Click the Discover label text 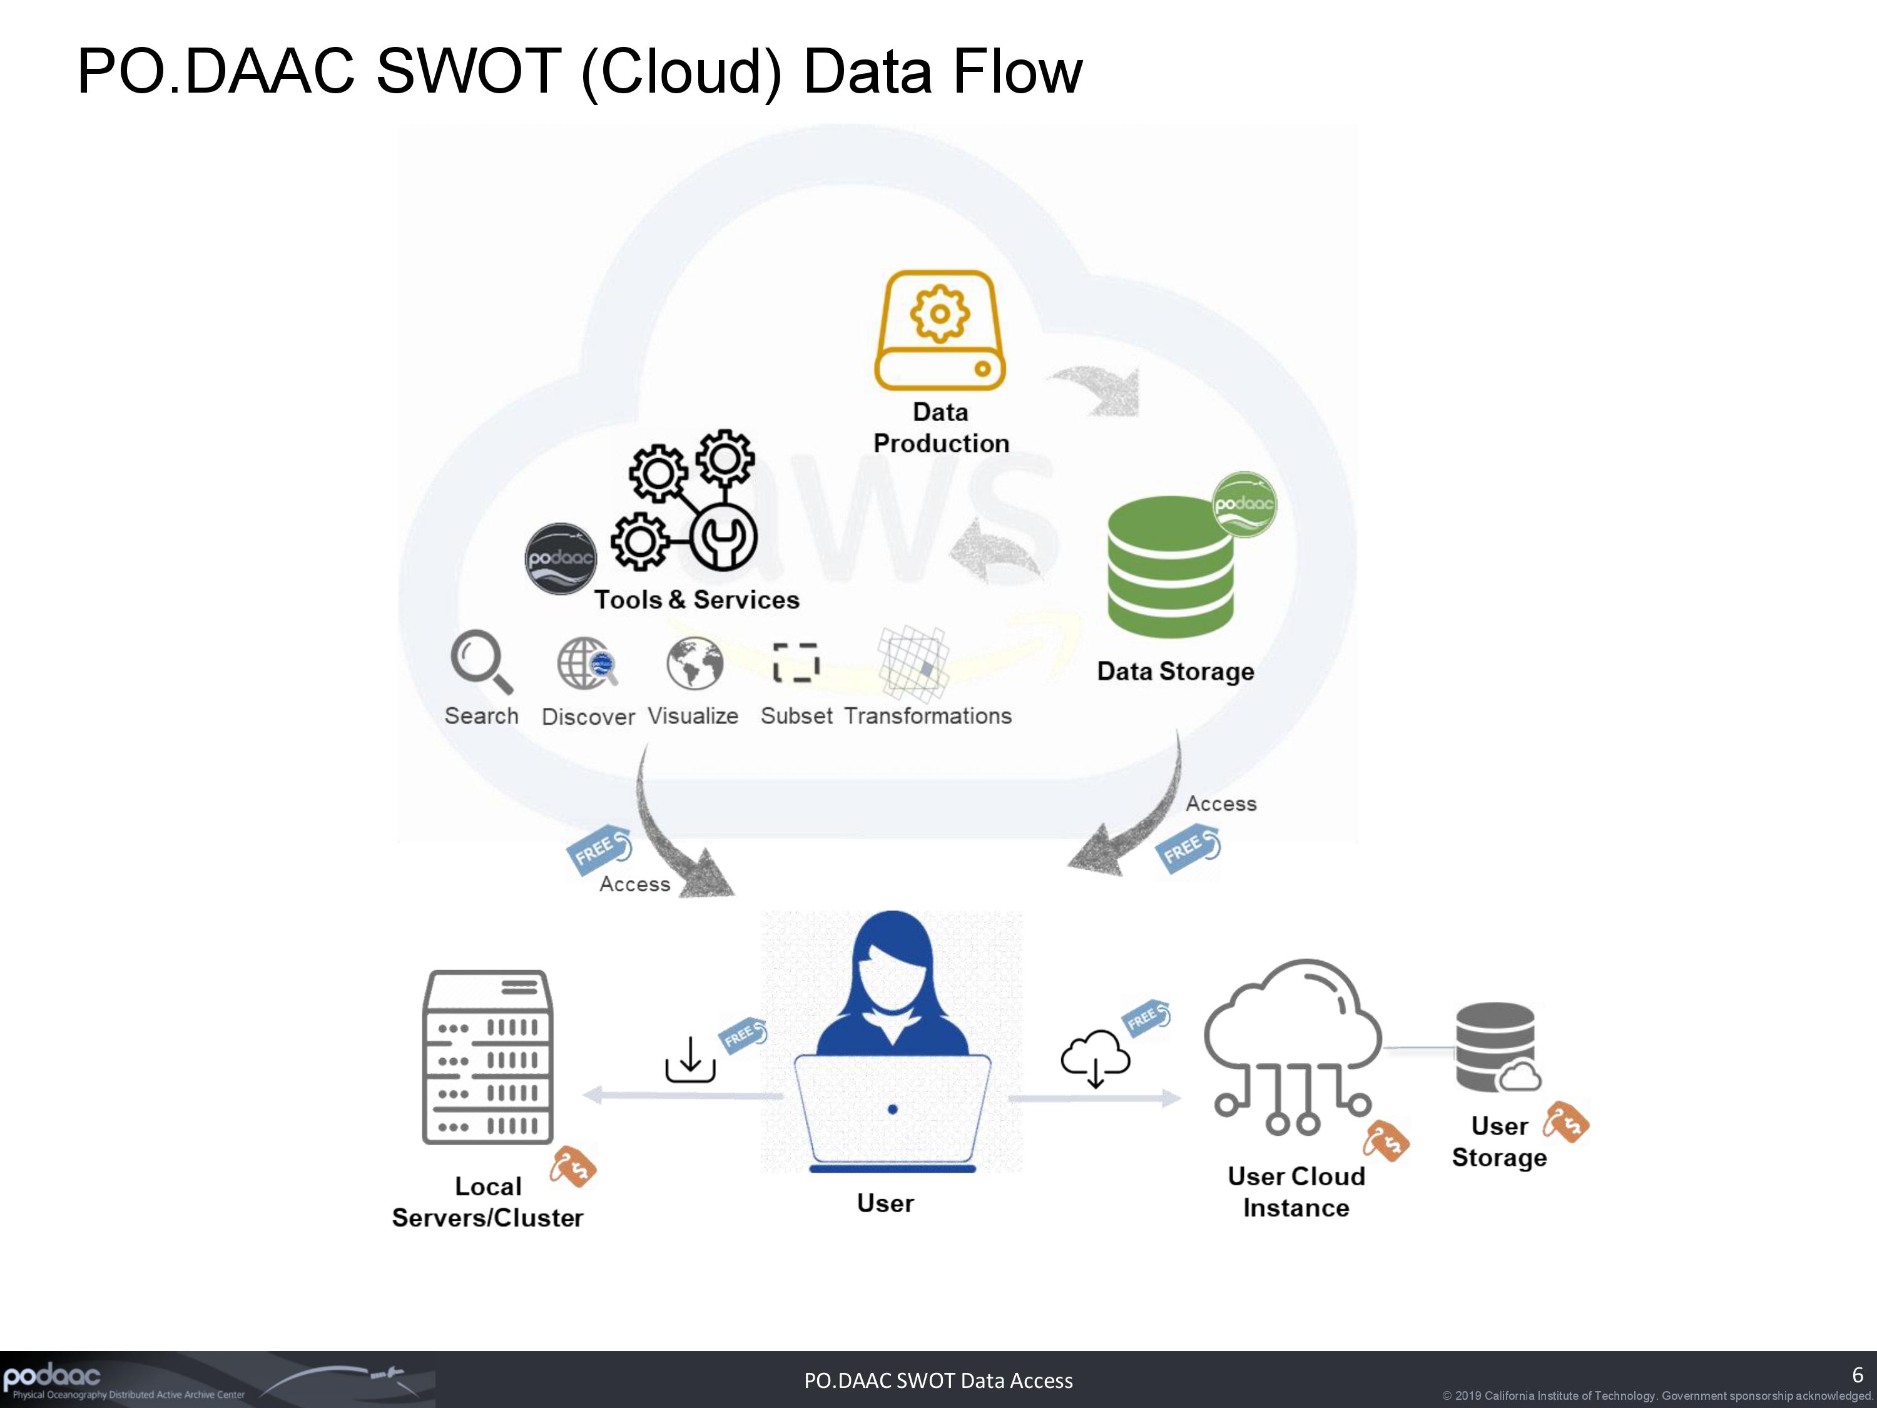point(588,717)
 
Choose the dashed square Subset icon point(796,663)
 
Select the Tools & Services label point(696,600)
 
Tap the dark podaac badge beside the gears point(560,558)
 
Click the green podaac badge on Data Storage point(1244,504)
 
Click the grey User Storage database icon point(1496,1048)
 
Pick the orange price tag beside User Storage point(1565,1123)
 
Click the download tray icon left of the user point(690,1060)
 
